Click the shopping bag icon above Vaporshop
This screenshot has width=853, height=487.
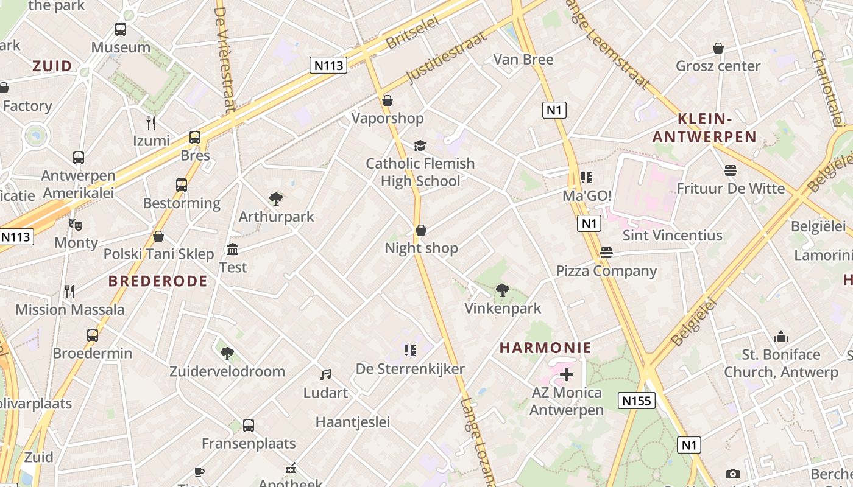tap(388, 100)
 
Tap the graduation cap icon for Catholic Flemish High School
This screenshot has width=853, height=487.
tap(420, 145)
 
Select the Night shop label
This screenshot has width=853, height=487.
tap(421, 248)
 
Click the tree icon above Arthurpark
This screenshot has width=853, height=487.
tap(276, 198)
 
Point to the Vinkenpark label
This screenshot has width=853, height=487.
tap(503, 308)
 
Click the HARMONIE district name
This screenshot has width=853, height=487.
tap(545, 348)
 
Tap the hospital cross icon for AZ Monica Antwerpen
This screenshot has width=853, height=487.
tap(567, 374)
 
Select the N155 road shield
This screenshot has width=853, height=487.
tap(637, 401)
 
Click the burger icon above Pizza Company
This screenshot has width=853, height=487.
tap(606, 252)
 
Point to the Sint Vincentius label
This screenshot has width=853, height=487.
tap(672, 235)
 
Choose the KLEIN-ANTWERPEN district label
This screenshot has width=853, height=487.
tap(704, 128)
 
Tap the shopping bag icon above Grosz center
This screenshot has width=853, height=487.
tap(718, 48)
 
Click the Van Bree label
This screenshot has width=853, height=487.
tap(523, 59)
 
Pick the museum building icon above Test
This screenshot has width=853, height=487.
tap(233, 249)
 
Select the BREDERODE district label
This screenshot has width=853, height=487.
tap(158, 281)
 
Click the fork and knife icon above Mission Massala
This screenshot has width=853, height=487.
tap(69, 292)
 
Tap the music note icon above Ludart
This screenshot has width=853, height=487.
tap(325, 375)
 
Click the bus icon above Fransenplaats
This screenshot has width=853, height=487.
tap(249, 425)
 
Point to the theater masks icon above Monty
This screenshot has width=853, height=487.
tap(76, 225)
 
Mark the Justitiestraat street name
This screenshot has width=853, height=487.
tap(446, 57)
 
